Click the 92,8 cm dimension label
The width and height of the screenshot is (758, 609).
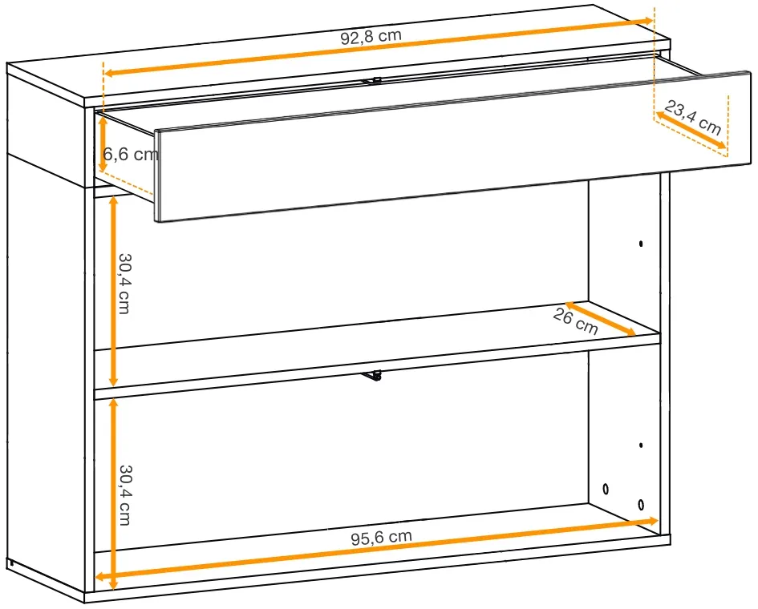click(371, 37)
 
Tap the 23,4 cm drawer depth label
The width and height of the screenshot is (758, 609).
click(693, 117)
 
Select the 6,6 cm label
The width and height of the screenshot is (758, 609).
click(131, 155)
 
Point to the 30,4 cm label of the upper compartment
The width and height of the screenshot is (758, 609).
click(124, 284)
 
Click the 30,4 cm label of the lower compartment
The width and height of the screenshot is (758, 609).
click(125, 495)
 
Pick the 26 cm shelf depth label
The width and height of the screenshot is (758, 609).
click(575, 321)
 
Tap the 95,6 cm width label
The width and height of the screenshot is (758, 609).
click(382, 537)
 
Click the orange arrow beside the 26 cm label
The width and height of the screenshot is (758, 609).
click(601, 318)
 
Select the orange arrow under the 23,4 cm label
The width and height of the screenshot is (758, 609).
click(691, 130)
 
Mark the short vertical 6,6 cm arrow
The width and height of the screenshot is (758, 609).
click(103, 144)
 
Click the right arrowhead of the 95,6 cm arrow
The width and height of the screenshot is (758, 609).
click(653, 521)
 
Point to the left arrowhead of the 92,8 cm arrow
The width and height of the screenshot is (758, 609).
click(109, 73)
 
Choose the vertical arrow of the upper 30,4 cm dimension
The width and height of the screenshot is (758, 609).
click(113, 291)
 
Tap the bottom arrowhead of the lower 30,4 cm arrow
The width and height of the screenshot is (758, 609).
click(113, 583)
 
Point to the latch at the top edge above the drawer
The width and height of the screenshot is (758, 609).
click(371, 81)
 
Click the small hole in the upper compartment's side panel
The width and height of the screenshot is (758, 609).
click(641, 244)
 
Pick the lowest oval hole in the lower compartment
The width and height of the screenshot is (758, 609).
click(641, 505)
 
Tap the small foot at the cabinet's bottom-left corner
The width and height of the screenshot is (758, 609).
click(10, 563)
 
